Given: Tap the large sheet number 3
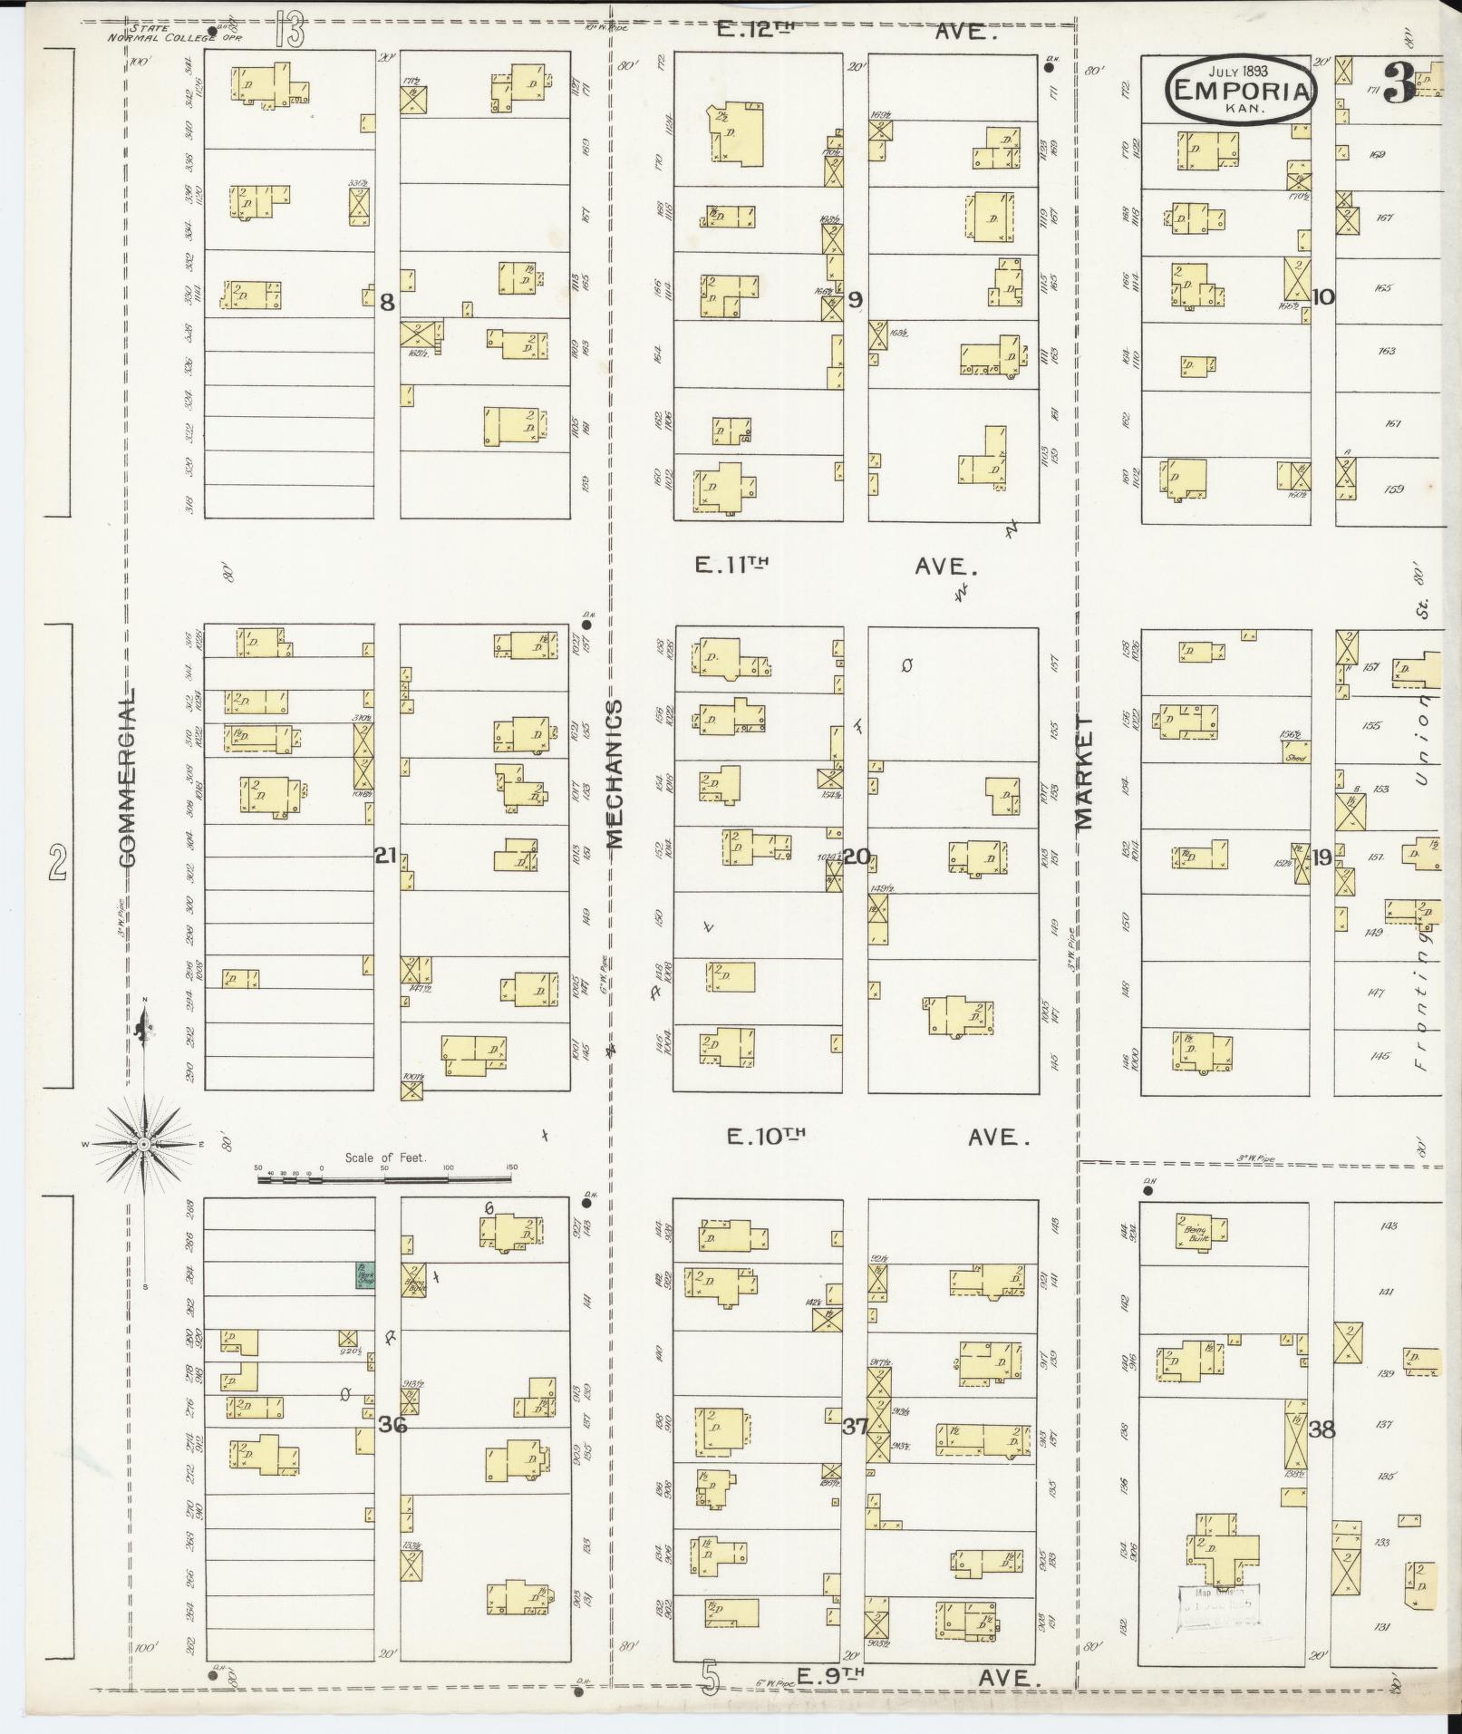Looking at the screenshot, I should click(x=1399, y=84).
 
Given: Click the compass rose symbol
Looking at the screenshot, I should click(x=143, y=1145).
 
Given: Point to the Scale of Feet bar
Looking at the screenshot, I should click(x=384, y=1179).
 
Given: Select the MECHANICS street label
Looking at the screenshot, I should click(x=615, y=773).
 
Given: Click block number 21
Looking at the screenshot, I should click(x=386, y=855).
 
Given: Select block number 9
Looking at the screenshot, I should click(x=855, y=299).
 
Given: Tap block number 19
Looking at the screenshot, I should click(x=1322, y=857).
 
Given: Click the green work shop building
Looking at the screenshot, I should click(x=365, y=1275).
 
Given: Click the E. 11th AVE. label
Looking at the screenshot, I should click(x=834, y=566).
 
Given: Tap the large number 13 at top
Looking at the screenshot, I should click(x=291, y=32).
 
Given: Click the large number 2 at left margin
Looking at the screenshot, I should click(x=58, y=861).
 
